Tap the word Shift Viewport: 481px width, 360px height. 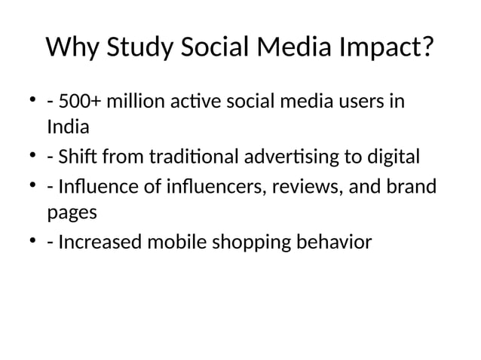74,157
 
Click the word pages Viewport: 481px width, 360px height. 72,213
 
